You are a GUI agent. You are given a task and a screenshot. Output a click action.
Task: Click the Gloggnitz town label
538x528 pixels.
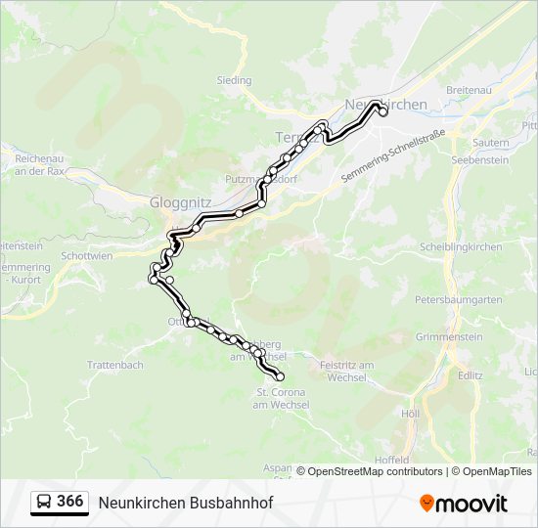[176, 202]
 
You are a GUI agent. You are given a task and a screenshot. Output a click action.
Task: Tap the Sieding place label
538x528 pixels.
[234, 80]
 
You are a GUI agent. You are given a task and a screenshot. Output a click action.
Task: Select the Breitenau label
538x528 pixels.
[468, 89]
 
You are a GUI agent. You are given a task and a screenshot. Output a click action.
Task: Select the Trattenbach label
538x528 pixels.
[115, 365]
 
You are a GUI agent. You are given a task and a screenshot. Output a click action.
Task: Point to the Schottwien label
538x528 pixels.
[86, 255]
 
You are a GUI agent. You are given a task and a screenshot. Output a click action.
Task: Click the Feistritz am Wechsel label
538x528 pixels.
[348, 371]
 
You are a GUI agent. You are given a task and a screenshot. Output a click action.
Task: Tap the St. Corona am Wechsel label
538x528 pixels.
[282, 398]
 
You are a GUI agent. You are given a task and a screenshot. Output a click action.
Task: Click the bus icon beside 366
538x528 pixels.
[43, 502]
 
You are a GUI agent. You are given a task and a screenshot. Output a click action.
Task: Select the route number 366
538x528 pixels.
[69, 502]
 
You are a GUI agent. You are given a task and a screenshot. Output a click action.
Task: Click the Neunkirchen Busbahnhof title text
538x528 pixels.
[185, 503]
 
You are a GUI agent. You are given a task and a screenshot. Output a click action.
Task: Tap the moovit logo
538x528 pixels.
[464, 503]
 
